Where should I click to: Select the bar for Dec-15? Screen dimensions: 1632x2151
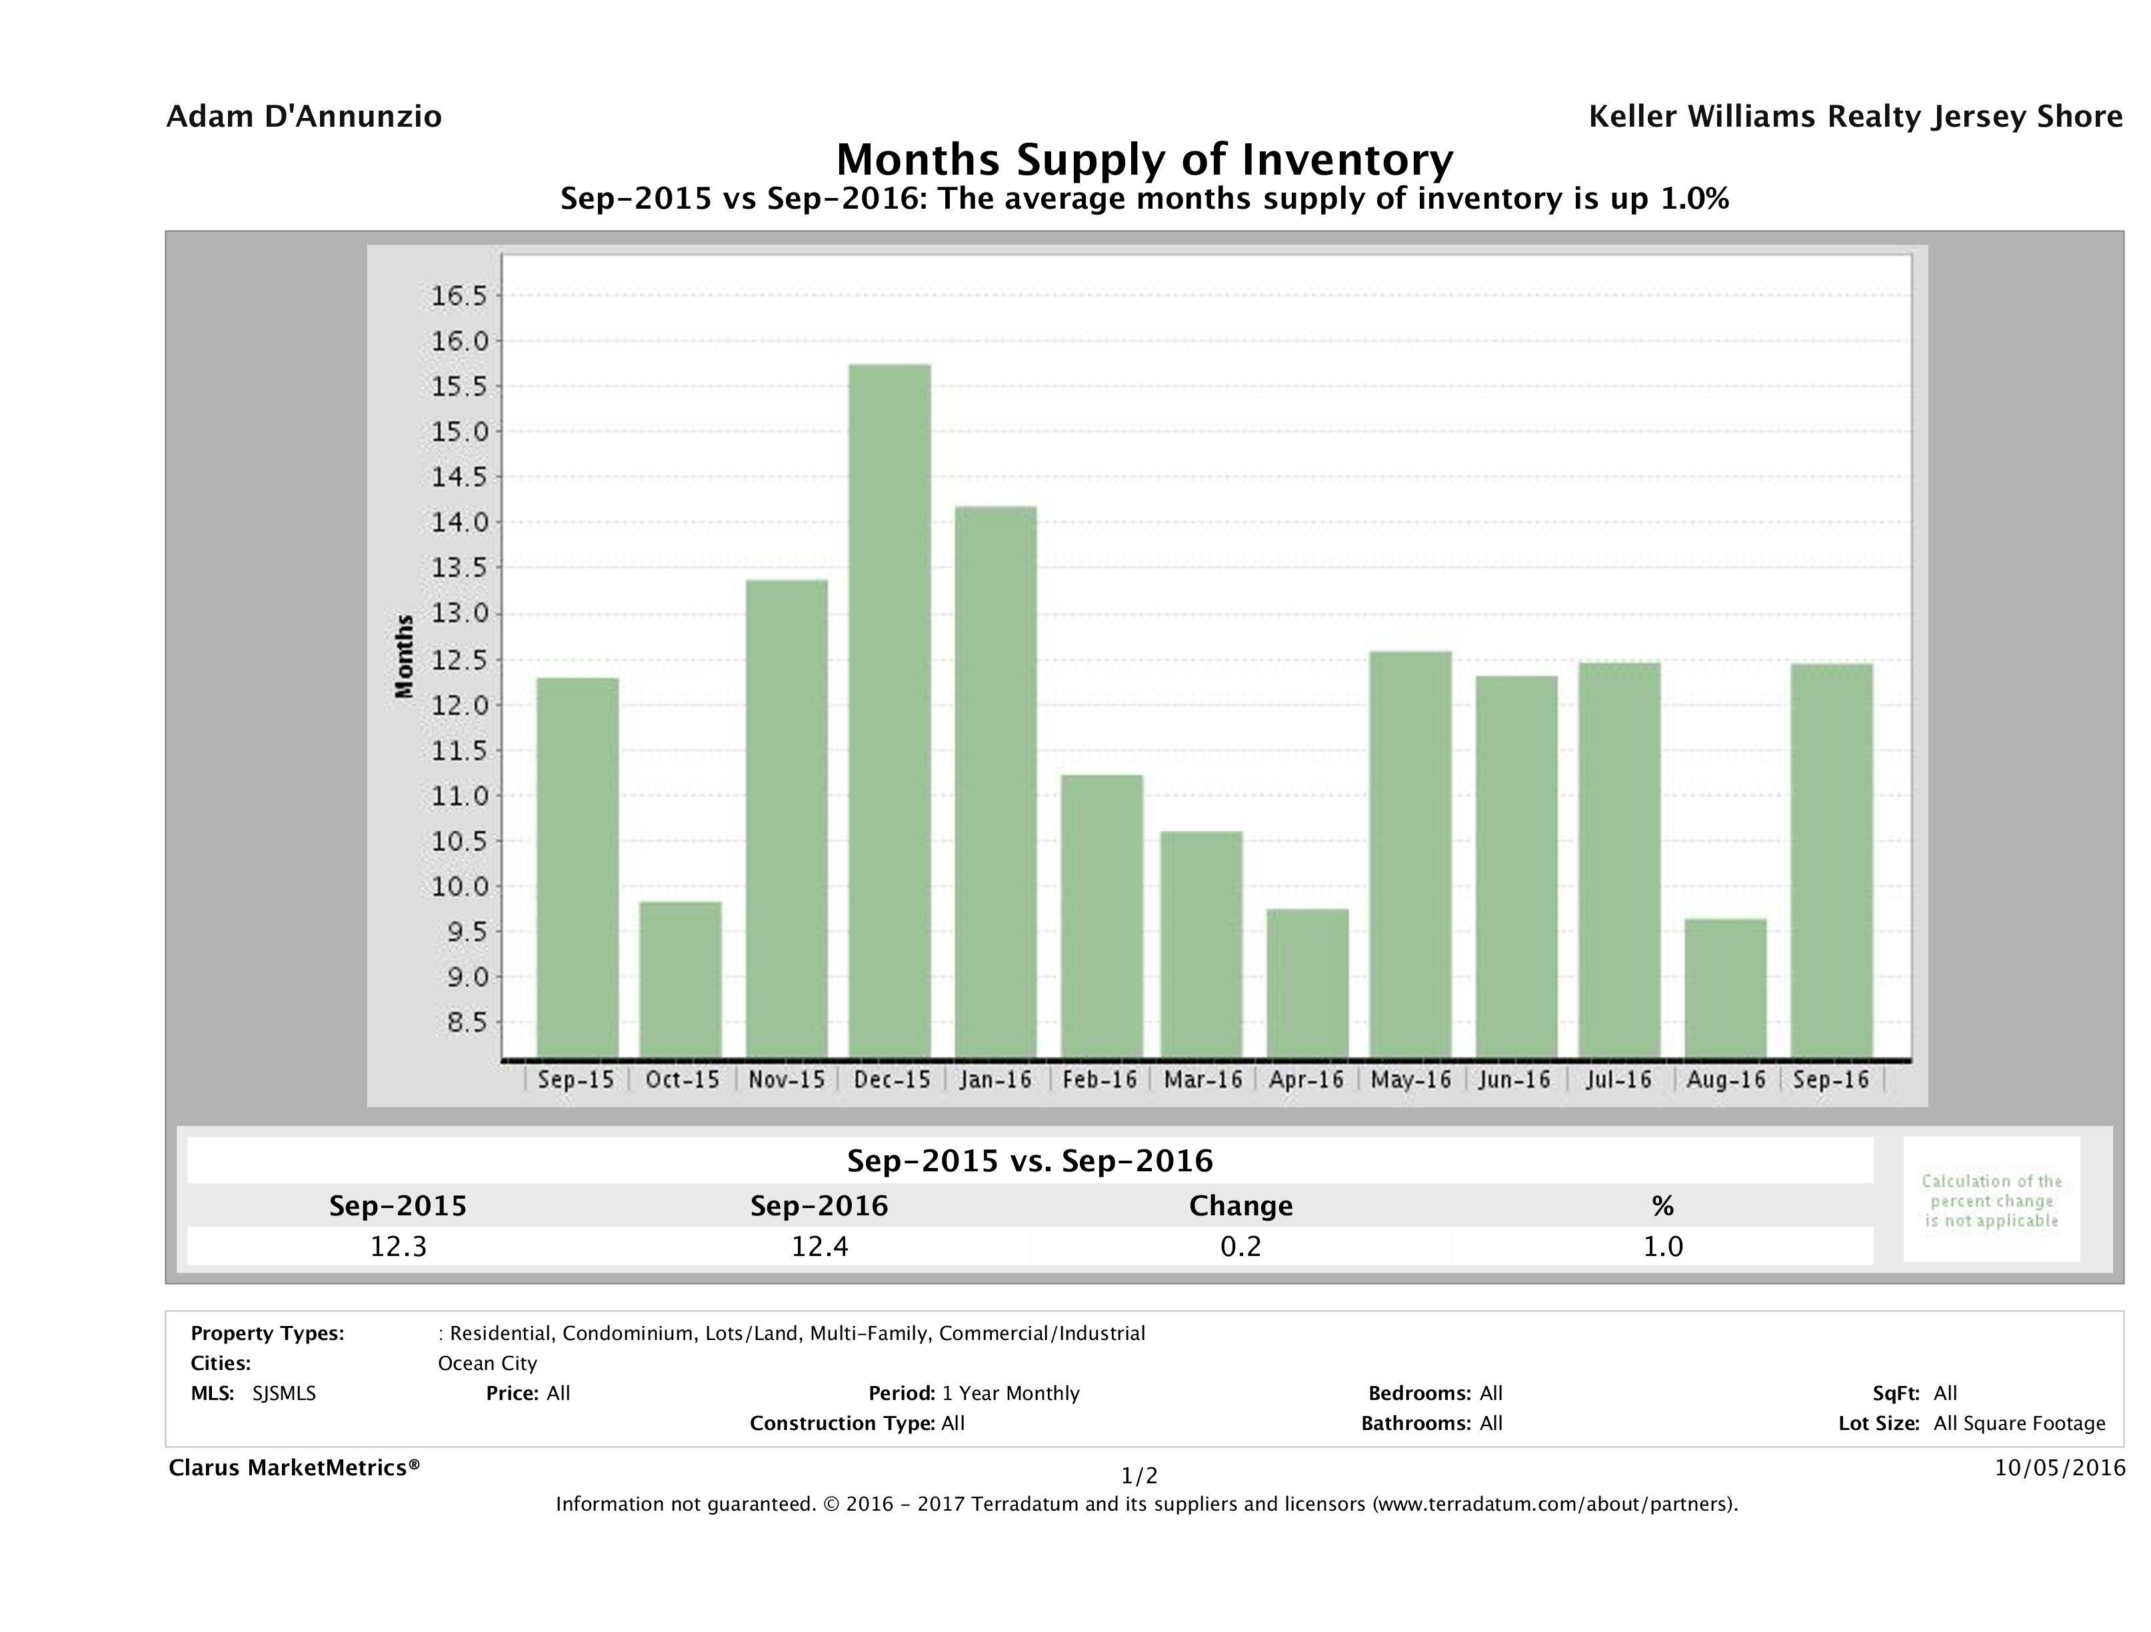(890, 710)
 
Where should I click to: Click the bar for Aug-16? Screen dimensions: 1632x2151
(1725, 987)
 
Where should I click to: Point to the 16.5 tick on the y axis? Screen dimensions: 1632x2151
(459, 295)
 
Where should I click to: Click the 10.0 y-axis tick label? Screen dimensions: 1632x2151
(459, 887)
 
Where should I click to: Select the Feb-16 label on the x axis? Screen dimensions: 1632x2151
(1100, 1079)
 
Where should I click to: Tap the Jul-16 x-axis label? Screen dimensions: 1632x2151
(1618, 1079)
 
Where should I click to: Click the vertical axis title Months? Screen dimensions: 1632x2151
(405, 657)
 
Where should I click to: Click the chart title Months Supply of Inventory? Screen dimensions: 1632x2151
(1144, 159)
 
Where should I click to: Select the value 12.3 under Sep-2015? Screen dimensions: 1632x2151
(398, 1246)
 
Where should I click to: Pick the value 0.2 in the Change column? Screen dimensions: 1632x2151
(1241, 1246)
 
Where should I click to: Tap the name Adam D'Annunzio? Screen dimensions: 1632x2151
(305, 117)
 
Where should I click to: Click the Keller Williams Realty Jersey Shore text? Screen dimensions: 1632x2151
(1854, 117)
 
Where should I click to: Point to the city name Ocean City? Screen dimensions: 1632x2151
(487, 1363)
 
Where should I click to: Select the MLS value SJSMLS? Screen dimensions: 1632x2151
(284, 1393)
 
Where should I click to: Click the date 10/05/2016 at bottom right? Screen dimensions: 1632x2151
(2058, 1467)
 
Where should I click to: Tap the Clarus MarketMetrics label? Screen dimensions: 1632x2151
(295, 1467)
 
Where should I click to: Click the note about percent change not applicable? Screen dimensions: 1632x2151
(1990, 1200)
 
